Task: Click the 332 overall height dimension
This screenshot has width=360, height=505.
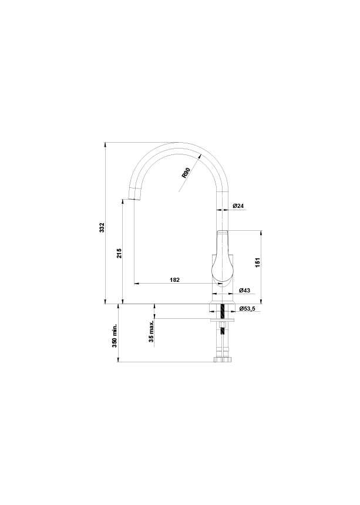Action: click(102, 227)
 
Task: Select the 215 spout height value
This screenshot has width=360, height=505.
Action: click(119, 253)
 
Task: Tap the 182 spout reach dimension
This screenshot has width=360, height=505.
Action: click(174, 280)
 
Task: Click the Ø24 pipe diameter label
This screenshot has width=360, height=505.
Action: click(238, 206)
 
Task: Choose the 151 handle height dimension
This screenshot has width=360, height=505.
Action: click(257, 262)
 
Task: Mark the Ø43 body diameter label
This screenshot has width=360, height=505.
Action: click(244, 290)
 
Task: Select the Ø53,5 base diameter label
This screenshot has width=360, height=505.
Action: click(247, 308)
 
